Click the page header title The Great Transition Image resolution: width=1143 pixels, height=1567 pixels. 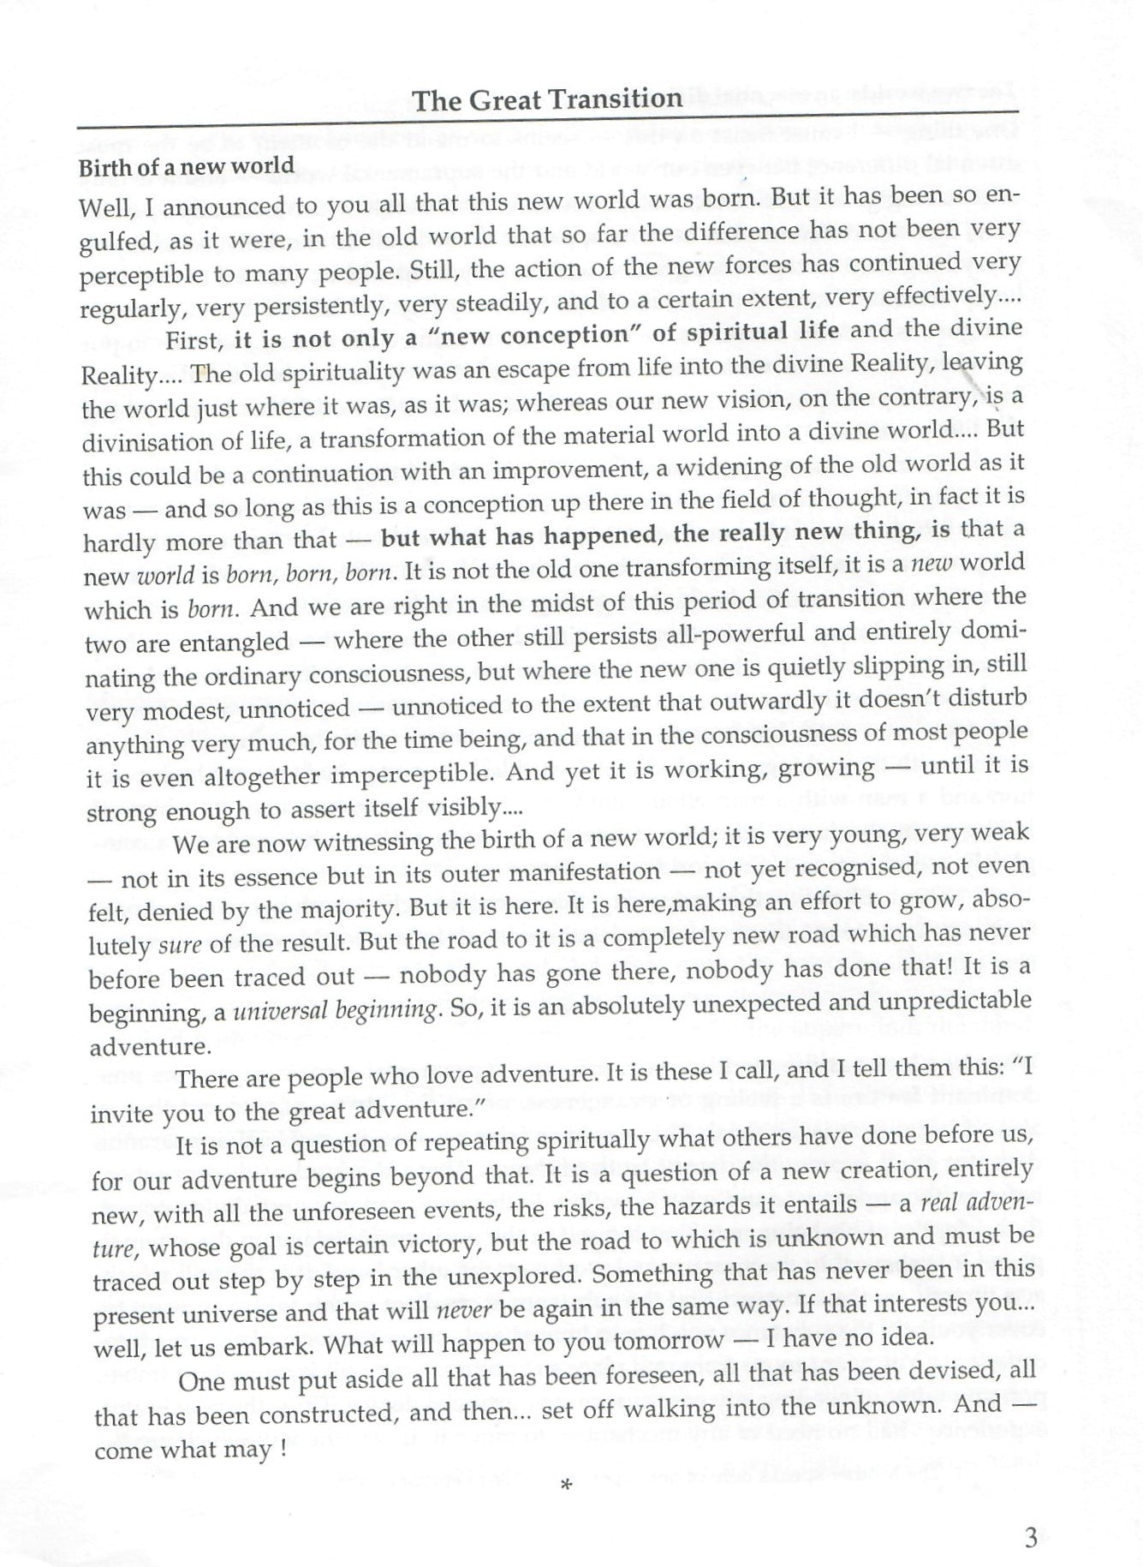(x=548, y=99)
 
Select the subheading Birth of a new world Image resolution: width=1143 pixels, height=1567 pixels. (x=186, y=166)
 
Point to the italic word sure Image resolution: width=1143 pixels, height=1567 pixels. (x=181, y=945)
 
